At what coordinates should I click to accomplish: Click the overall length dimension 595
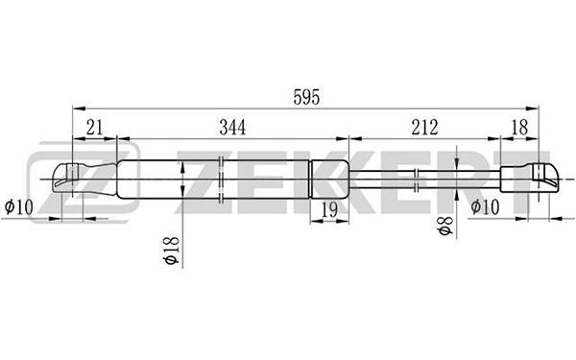click(x=306, y=97)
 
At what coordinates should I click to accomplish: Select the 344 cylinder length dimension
click(x=232, y=128)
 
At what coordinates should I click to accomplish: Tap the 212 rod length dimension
click(x=424, y=128)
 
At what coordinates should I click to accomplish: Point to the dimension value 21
click(x=94, y=128)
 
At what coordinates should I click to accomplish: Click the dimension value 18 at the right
click(x=519, y=128)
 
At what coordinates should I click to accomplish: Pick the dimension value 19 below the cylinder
click(x=329, y=210)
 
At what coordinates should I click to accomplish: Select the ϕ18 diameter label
click(x=172, y=251)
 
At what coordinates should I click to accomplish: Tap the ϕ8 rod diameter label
click(x=445, y=226)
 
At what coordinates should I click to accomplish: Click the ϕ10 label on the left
click(x=19, y=206)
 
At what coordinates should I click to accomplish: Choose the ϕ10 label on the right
click(x=485, y=206)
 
